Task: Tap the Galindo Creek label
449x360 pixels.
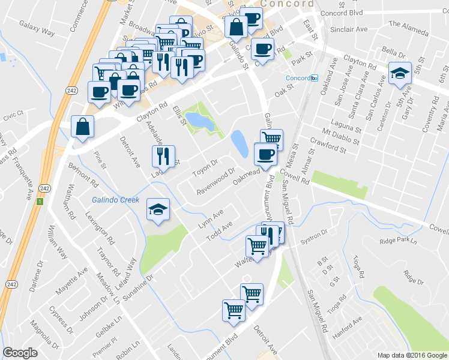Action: tap(115, 200)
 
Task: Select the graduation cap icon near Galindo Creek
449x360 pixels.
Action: tap(158, 209)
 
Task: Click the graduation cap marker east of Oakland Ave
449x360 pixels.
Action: tap(400, 73)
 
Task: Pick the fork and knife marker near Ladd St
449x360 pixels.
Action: tap(163, 157)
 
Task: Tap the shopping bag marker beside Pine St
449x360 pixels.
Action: tap(82, 127)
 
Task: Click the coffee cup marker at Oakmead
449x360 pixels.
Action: tap(265, 154)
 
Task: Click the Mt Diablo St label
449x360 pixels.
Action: tap(340, 136)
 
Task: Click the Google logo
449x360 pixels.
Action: tap(20, 353)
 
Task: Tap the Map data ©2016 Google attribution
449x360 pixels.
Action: tap(412, 355)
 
